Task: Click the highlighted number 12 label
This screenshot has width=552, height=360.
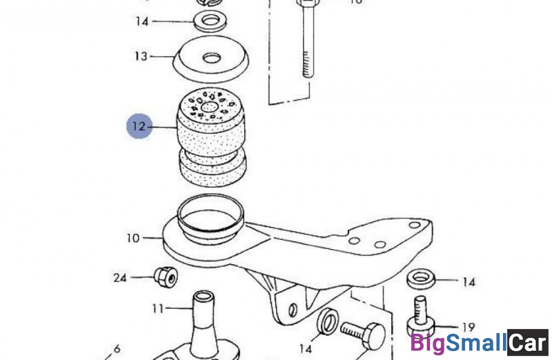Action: pos(139,126)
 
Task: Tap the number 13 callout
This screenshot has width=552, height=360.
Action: pos(141,57)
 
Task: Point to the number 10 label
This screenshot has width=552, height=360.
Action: pos(133,238)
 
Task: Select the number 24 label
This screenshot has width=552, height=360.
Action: pos(119,278)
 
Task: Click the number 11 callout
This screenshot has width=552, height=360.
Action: pos(158,309)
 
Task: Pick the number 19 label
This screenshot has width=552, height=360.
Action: pos(468,328)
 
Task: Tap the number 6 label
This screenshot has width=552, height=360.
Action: pos(117,349)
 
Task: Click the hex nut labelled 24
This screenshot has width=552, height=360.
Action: pos(166,277)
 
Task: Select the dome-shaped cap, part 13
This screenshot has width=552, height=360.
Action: pos(211,59)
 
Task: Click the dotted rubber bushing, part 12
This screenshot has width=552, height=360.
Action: pos(211,138)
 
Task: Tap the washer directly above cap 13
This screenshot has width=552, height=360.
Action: pos(210,21)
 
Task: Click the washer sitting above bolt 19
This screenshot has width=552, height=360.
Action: pos(421,279)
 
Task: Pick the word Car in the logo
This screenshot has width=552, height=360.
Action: pos(528,342)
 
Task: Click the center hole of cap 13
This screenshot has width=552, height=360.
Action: pos(212,58)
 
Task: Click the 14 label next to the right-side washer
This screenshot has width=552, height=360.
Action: pos(469,282)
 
